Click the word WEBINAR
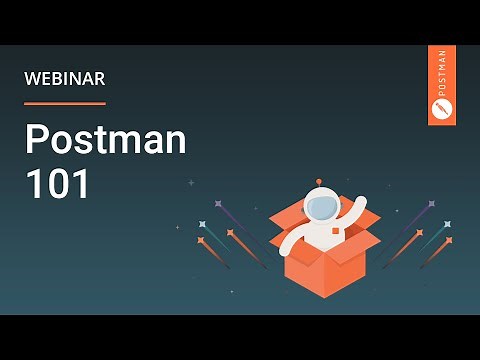pos(64,78)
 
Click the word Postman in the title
pos(105,141)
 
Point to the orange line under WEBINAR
pos(64,103)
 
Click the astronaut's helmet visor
pos(321,206)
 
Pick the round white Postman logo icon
pos(441,107)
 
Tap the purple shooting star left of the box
pos(218,204)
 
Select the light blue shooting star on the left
pos(203,224)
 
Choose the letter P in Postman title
pos(35,141)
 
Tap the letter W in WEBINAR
pos(31,78)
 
